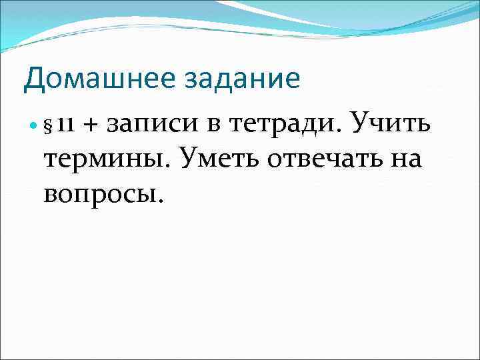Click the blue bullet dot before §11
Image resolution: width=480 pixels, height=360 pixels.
click(x=34, y=125)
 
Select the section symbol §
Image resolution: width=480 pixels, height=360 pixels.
click(x=48, y=125)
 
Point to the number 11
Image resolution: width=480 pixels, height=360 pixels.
click(x=65, y=125)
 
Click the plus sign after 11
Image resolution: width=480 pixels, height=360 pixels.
click(x=90, y=125)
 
